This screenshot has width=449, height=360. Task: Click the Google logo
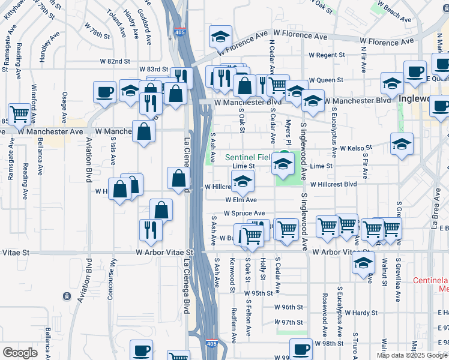click(x=20, y=352)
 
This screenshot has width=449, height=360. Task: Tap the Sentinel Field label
click(x=247, y=157)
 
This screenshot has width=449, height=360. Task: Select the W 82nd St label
click(x=115, y=61)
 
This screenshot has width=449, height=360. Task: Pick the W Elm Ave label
click(x=241, y=200)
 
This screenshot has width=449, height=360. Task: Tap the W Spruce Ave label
click(x=244, y=213)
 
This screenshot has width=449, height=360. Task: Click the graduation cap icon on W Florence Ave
click(x=220, y=37)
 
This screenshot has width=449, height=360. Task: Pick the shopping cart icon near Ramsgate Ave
click(x=19, y=112)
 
